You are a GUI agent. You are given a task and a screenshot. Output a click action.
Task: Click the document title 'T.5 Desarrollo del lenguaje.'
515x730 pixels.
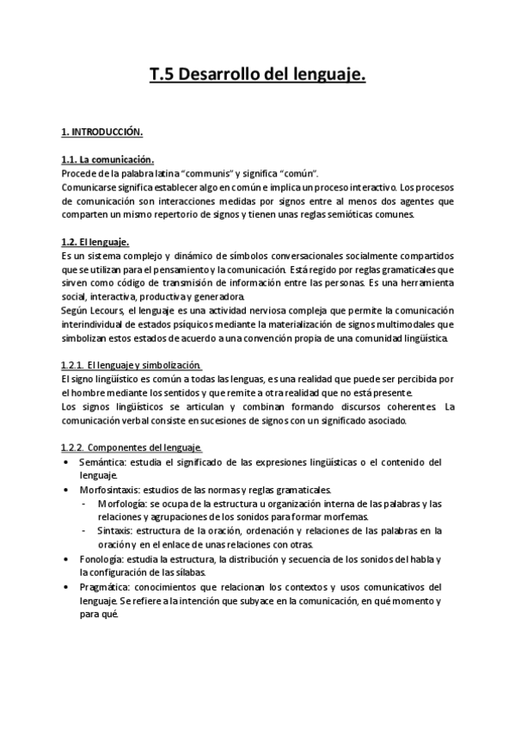[x=258, y=77]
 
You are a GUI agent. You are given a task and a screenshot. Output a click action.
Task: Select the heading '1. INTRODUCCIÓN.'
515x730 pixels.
[x=101, y=133]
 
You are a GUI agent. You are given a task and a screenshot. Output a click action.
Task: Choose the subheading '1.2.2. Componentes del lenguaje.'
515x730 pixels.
[x=132, y=448]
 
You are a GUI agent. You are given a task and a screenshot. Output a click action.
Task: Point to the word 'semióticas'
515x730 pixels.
[x=342, y=214]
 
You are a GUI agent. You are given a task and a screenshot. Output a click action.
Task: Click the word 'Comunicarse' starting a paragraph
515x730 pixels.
[x=89, y=187]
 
